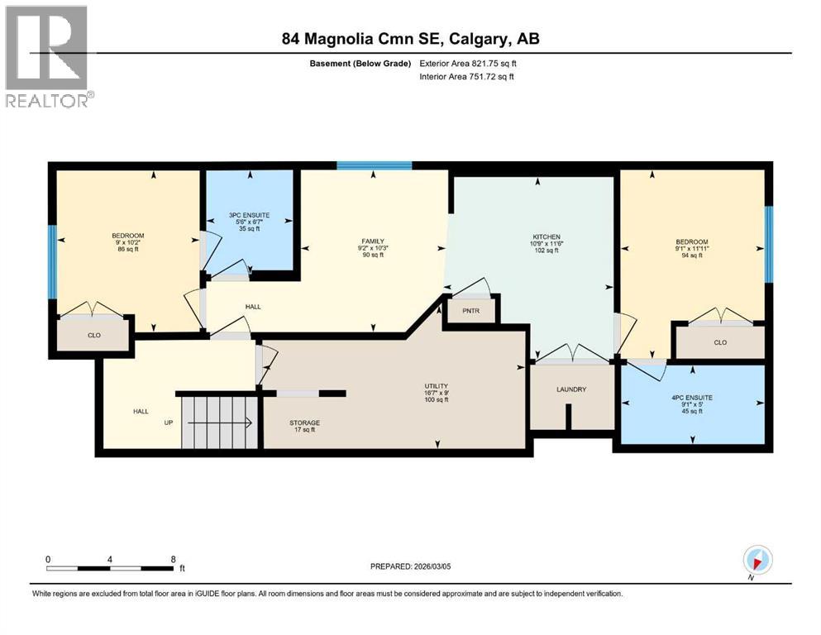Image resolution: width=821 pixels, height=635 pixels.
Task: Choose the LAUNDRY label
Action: [570, 389]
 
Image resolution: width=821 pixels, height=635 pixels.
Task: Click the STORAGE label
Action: [304, 423]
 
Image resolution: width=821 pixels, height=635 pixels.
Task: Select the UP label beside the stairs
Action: [169, 423]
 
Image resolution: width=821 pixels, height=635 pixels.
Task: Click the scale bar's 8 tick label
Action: [172, 559]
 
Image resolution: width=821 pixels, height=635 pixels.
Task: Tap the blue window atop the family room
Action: [374, 165]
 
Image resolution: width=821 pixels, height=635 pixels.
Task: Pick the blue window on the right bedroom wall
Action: [768, 244]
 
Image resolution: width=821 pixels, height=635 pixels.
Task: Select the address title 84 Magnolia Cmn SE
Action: [410, 39]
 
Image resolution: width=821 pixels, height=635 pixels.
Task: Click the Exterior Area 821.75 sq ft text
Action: [468, 64]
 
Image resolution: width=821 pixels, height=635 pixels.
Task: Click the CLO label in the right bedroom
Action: [719, 342]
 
